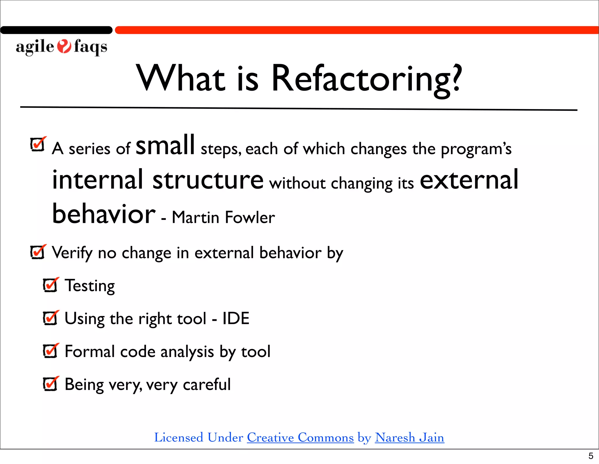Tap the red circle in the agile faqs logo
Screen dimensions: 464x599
point(64,46)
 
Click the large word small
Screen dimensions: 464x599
point(165,145)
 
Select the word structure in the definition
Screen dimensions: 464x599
point(208,180)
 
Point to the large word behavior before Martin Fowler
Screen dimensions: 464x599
point(104,214)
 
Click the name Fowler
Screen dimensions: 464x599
point(250,217)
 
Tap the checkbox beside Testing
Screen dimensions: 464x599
point(50,285)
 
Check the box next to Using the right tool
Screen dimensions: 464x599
point(50,318)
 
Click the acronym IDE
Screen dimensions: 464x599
point(236,318)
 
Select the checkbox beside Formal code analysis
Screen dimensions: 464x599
point(50,351)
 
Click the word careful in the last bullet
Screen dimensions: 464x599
point(206,384)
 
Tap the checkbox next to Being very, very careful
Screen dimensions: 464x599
point(50,384)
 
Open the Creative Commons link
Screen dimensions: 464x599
point(300,438)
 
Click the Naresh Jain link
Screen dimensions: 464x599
point(409,438)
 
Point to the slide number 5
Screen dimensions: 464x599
point(591,456)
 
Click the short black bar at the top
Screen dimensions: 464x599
point(56,30)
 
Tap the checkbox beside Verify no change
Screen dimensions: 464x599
point(38,252)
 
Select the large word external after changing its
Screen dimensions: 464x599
point(469,180)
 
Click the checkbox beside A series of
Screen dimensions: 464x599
point(38,144)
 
